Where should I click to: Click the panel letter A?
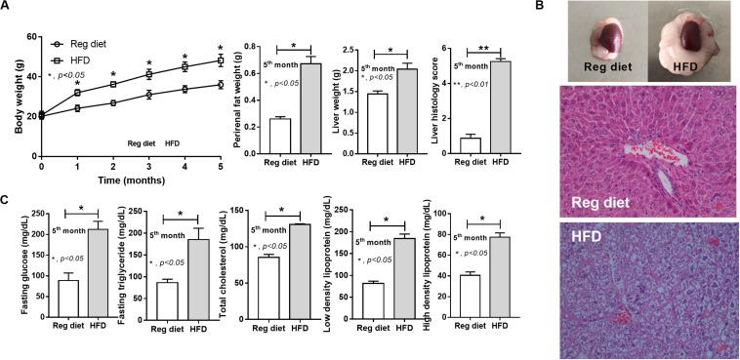click(x=7, y=9)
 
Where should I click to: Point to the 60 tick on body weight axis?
click(x=30, y=37)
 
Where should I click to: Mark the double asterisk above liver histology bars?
click(x=482, y=46)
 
